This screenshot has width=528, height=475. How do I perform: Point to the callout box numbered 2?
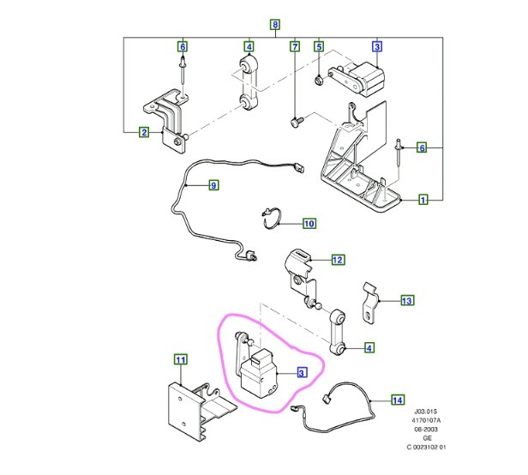(x=143, y=132)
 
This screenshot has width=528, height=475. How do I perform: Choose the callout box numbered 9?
(x=213, y=184)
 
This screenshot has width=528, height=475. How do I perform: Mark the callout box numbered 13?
(x=406, y=301)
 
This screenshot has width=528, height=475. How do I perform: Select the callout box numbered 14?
(x=397, y=400)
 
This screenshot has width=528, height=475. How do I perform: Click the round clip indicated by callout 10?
(x=271, y=219)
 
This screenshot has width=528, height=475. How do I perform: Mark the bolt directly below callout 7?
(x=296, y=121)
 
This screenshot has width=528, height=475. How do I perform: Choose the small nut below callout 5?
(x=318, y=81)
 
